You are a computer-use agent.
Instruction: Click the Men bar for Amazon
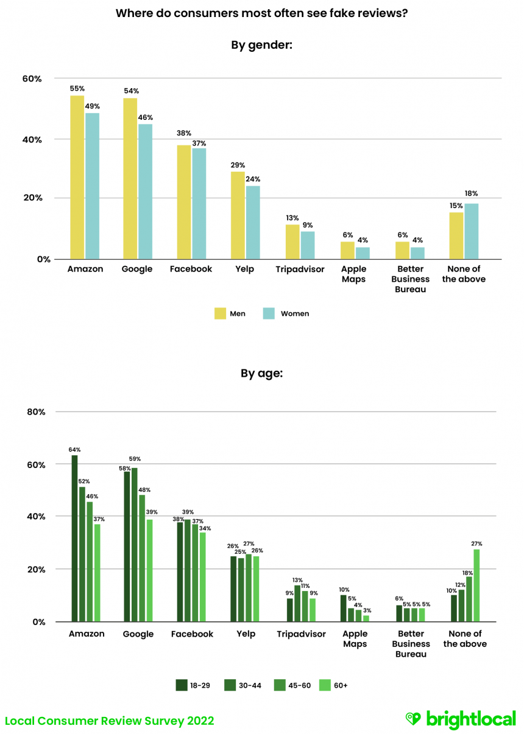77,177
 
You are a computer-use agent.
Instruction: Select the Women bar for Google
145,192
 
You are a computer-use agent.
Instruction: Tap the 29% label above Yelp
238,165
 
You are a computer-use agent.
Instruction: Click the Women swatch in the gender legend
269,313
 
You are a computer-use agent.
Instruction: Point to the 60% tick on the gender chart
32,79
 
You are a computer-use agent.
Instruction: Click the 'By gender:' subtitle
262,44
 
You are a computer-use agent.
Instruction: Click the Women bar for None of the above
471,231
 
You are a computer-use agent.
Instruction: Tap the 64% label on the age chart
74,450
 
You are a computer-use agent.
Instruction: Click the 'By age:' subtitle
261,374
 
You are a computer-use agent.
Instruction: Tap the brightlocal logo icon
413,719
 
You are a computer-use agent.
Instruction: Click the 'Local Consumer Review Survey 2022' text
110,721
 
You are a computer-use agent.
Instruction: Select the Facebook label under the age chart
192,634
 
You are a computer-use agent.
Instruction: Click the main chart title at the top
261,13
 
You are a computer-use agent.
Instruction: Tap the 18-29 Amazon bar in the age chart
74,539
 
